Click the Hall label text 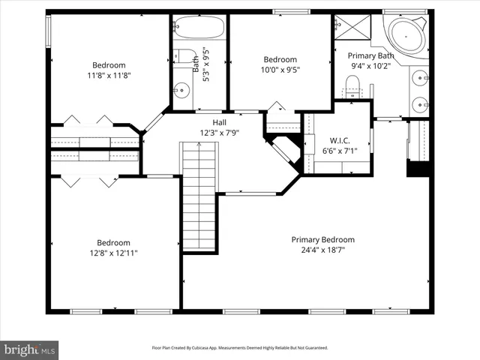(x=220, y=122)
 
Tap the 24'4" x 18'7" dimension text (x=322, y=250)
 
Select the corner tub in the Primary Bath (x=406, y=34)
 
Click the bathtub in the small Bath (x=199, y=28)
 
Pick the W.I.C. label (x=340, y=140)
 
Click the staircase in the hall (x=199, y=199)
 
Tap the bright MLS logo (x=30, y=349)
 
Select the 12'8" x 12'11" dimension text (x=113, y=253)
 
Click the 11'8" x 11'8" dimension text (x=109, y=75)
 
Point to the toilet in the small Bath (x=182, y=57)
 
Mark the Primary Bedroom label (x=322, y=240)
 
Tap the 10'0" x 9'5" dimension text (x=280, y=70)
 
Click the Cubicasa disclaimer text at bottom (x=240, y=348)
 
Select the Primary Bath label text (x=370, y=55)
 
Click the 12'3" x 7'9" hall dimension (x=219, y=133)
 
